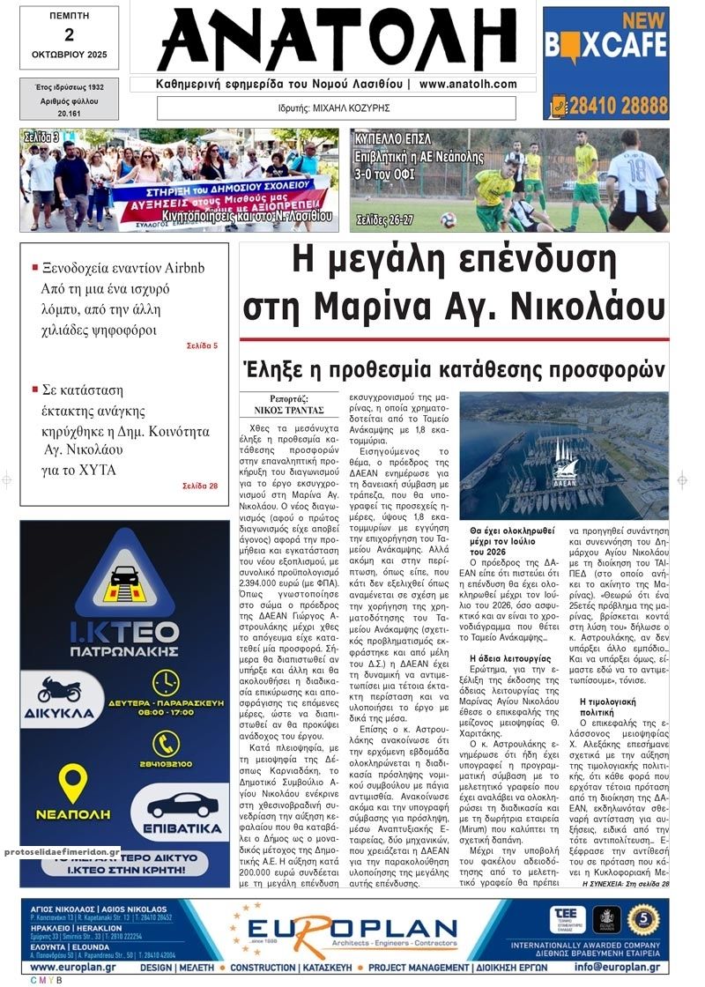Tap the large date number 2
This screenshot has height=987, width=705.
tap(69, 35)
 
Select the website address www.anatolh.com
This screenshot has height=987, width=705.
tap(468, 84)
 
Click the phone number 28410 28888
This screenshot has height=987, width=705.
tap(615, 106)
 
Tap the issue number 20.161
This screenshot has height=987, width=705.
tap(69, 113)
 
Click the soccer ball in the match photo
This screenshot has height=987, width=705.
tap(449, 219)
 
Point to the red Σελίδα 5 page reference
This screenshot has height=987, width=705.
tap(202, 345)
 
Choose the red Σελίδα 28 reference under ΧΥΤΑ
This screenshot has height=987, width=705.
tap(200, 486)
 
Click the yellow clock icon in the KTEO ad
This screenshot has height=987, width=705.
tap(166, 683)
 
